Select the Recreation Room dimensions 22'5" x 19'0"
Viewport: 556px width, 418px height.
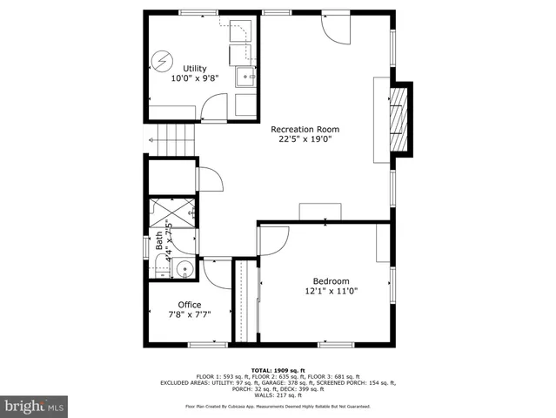pos(305,138)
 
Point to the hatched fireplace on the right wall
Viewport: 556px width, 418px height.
pos(399,119)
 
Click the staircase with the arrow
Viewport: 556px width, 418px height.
pos(172,138)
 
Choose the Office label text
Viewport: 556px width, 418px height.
pos(189,305)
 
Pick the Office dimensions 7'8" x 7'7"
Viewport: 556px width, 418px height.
pos(189,315)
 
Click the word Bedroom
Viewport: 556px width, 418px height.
pos(331,281)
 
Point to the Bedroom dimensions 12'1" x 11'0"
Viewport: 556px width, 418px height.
pos(331,292)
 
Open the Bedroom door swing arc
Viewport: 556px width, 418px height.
pos(272,240)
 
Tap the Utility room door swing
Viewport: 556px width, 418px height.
pos(211,110)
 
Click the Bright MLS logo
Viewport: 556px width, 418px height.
pos(34,405)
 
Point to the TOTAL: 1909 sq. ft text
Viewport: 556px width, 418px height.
pos(278,369)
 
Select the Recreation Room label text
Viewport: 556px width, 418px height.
pos(305,127)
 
